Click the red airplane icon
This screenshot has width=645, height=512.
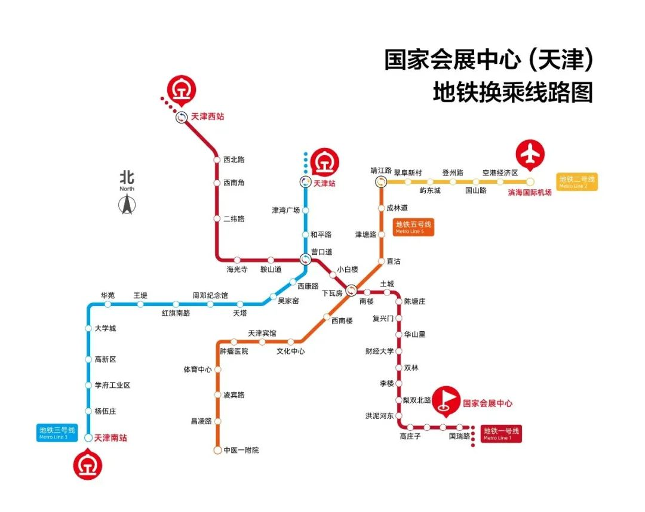coord(530,155)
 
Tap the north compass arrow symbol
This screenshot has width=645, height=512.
coord(127,204)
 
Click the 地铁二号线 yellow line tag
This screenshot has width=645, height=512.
coord(577,181)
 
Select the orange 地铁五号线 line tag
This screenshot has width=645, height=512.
coord(413,227)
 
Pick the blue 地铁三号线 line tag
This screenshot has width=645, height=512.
coord(57,433)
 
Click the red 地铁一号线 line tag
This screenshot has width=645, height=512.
coord(502,433)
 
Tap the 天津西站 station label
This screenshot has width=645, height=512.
coord(207,117)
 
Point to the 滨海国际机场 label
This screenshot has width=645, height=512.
coord(529,192)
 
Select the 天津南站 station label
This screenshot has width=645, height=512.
coord(110,438)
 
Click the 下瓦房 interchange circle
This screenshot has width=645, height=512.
coord(351,291)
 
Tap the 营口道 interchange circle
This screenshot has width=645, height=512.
coord(305,260)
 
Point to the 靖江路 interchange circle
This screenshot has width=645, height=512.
coord(381,181)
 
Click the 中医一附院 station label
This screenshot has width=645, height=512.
coord(241,451)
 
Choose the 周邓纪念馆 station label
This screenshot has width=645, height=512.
coord(210,295)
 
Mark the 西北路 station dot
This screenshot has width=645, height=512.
coord(217,160)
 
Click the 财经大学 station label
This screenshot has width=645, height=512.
coord(379,351)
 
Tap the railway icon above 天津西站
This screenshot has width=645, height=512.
coord(182,90)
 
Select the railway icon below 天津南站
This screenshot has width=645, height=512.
coord(88,465)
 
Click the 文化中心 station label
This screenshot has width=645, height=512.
coord(290,351)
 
